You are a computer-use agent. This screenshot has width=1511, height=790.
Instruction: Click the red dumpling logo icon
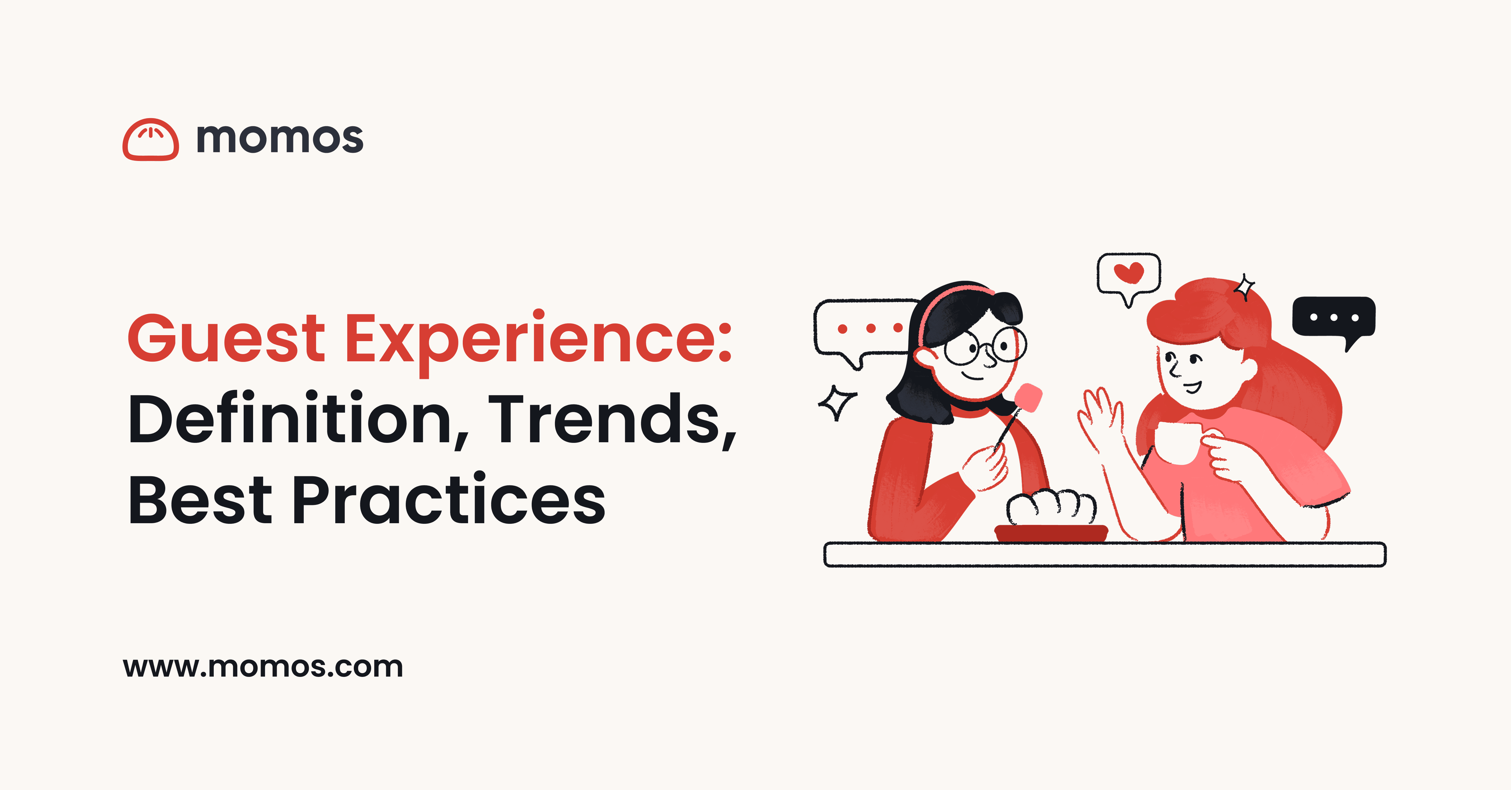151,140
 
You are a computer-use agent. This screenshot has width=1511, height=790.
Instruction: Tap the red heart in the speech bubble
1129,272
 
